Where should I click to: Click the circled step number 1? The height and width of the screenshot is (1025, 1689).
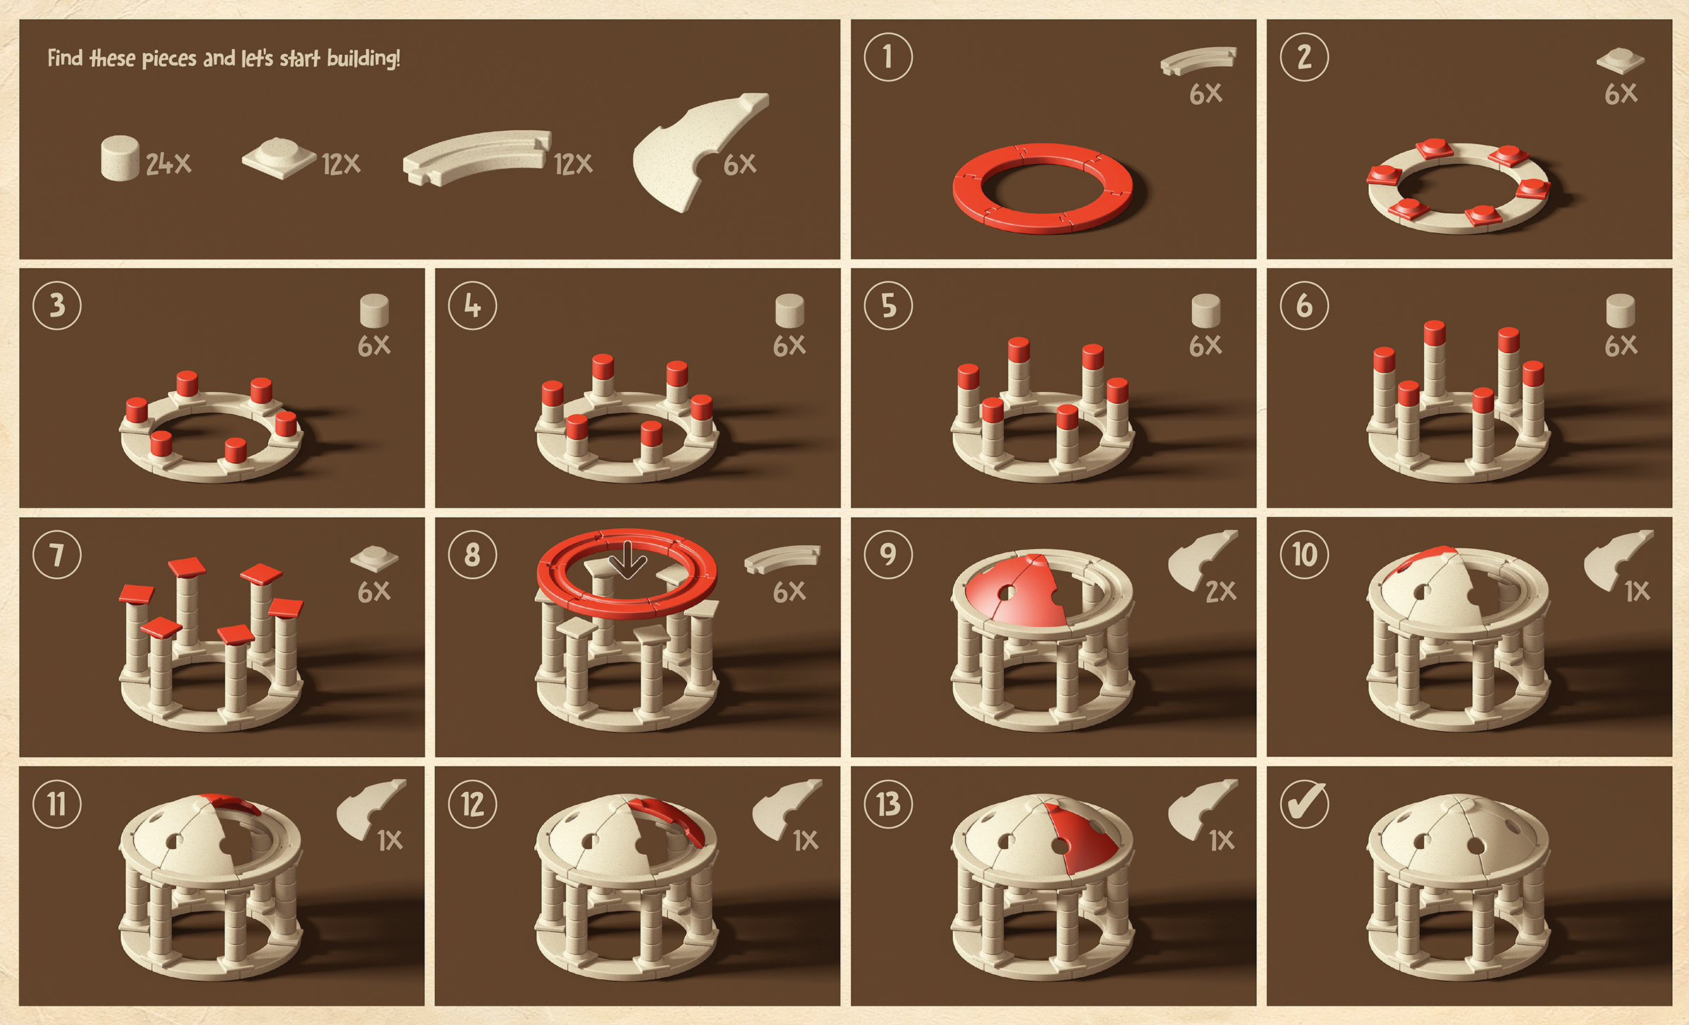coord(888,57)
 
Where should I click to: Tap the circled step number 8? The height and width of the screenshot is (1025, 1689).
coord(472,554)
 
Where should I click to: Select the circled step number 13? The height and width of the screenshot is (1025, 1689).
coord(888,803)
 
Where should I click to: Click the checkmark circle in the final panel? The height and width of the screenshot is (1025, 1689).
coord(1304,803)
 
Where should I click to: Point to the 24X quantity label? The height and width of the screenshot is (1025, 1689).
coord(168,164)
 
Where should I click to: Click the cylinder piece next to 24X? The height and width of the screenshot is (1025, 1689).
coord(120,158)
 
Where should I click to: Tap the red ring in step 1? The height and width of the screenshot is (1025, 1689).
coord(1042,187)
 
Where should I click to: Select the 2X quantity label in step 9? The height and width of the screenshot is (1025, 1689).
coord(1220,592)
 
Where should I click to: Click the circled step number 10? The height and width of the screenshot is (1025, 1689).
coord(1304,554)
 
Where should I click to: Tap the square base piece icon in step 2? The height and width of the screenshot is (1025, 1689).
coord(1620,61)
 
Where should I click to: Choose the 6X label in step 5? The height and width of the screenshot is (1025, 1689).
coord(1206,345)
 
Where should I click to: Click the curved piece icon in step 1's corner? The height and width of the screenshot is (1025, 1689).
coord(1198,61)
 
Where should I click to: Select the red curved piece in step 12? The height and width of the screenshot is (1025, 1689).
coord(669,819)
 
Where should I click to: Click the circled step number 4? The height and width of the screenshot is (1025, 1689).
coord(472,305)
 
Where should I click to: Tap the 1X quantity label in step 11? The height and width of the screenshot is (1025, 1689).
coord(389,841)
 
